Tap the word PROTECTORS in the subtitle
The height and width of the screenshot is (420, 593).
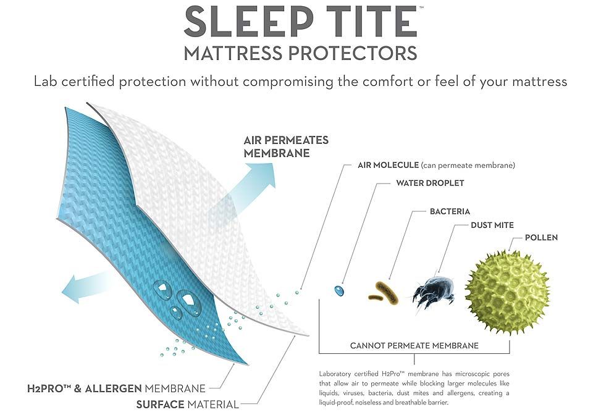coord(353,53)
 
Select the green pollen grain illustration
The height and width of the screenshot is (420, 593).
coord(508,293)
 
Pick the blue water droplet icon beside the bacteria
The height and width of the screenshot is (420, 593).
coord(339,290)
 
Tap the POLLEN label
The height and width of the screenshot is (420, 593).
coord(541,237)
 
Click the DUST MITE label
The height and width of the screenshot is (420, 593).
coord(492,225)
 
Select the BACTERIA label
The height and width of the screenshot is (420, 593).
coord(450,211)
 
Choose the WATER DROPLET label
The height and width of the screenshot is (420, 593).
coord(430,183)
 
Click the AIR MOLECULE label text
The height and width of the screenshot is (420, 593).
coord(388,165)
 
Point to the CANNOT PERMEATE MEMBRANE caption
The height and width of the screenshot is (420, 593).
coord(414,345)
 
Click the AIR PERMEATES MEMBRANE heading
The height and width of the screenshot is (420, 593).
coord(286,146)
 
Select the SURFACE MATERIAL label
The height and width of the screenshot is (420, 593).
coord(187,405)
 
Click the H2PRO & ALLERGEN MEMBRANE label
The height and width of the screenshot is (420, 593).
coord(116,388)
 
